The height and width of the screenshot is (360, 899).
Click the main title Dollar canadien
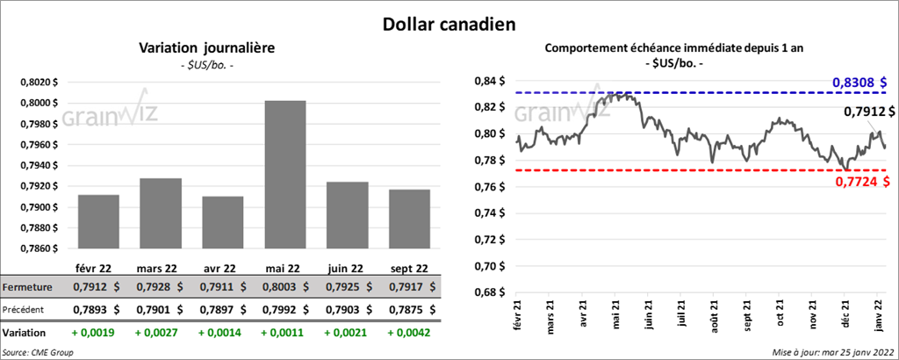[x=449, y=21]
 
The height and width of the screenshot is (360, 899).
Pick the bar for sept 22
[x=407, y=220]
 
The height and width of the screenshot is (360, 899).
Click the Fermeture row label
[x=28, y=287]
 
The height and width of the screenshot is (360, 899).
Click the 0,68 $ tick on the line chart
[x=489, y=292]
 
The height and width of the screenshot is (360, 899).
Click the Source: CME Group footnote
[x=39, y=352]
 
